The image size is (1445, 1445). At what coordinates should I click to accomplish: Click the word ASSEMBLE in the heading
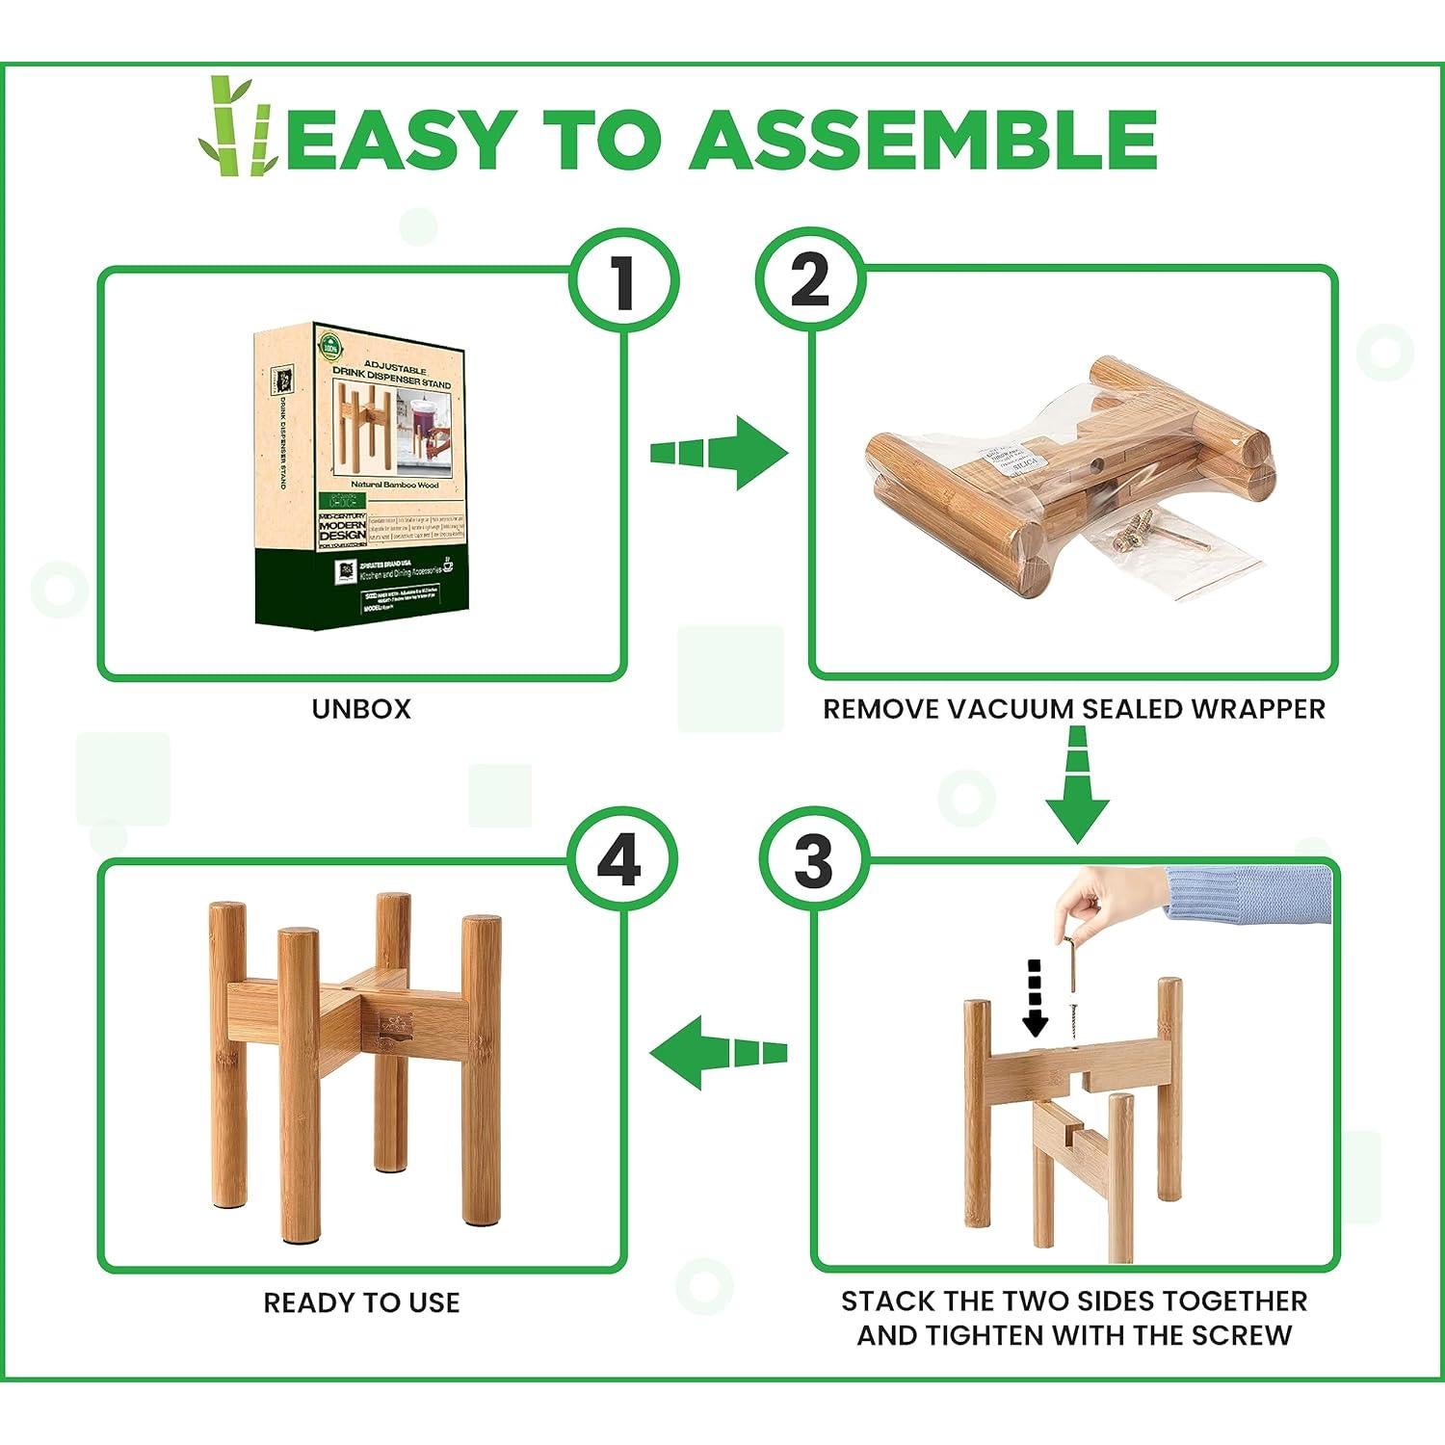click(x=923, y=140)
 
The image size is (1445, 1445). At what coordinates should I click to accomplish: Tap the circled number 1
click(x=624, y=283)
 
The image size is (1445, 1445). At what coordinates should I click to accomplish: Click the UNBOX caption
click(x=361, y=709)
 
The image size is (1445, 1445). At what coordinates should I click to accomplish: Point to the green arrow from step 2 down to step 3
click(x=1078, y=785)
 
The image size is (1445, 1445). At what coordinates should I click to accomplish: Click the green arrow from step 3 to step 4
click(x=718, y=1053)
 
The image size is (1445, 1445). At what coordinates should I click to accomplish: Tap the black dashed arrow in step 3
click(x=1035, y=997)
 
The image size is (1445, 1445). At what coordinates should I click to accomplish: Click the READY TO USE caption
click(x=361, y=1303)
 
